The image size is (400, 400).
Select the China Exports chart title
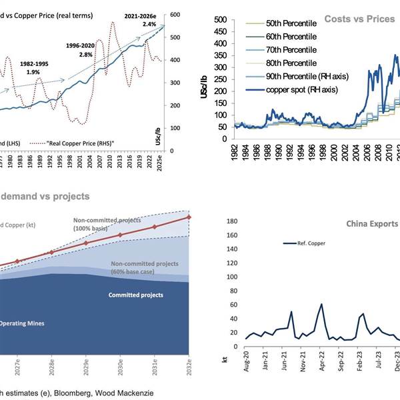(371, 223)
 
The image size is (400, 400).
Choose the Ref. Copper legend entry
(314, 243)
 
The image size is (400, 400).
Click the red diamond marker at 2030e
(120, 235)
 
